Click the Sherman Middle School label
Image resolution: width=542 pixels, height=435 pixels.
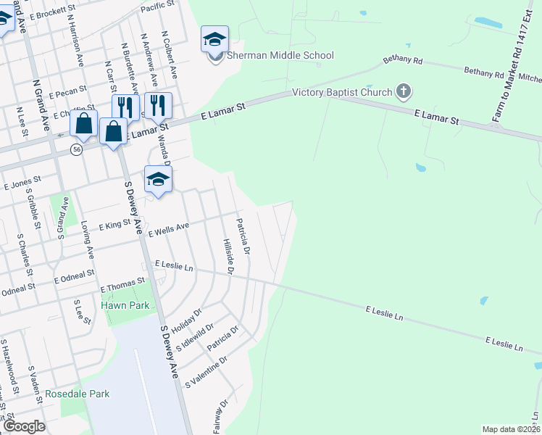(x=281, y=56)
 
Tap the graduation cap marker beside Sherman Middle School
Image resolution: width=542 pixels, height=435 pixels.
(x=214, y=39)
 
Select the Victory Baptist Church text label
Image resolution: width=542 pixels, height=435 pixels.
(x=341, y=93)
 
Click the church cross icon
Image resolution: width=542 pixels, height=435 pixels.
(x=404, y=92)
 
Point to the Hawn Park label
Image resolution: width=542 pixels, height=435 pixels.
(x=125, y=305)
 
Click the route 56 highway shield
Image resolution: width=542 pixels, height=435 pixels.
(x=76, y=149)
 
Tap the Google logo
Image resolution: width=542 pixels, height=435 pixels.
(x=24, y=426)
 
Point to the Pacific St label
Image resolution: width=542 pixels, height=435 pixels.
(x=158, y=7)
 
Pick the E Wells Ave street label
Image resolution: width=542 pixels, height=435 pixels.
(x=169, y=230)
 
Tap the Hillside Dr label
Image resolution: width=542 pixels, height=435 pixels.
(x=228, y=257)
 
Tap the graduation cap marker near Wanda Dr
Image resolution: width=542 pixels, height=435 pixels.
(x=158, y=179)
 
